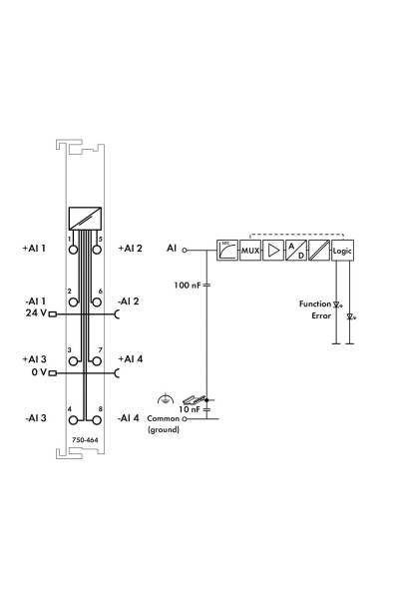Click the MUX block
[x=250, y=251]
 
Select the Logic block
[x=342, y=251]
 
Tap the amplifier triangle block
[x=273, y=251]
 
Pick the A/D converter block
[x=296, y=251]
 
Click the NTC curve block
[x=227, y=251]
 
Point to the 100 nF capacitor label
[x=188, y=285]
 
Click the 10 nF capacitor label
[x=190, y=409]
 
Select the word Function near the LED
[x=315, y=304]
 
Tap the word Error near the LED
[x=321, y=315]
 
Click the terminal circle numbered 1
[x=73, y=250]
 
